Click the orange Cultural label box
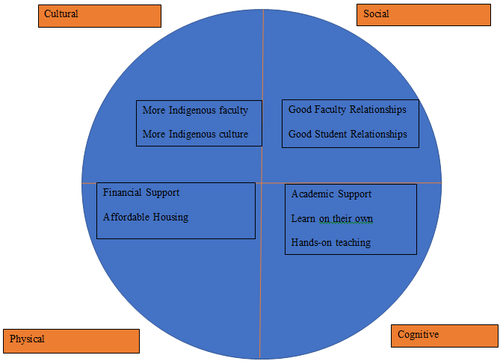click(x=99, y=16)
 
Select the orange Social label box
click(x=423, y=14)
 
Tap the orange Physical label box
click(x=71, y=340)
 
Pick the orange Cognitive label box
click(x=444, y=336)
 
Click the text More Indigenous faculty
click(x=195, y=110)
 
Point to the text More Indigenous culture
click(x=195, y=135)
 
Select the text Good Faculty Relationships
click(x=348, y=109)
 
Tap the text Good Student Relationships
click(x=348, y=135)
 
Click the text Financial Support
click(x=141, y=192)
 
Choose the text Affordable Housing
click(x=146, y=217)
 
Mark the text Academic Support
click(x=331, y=194)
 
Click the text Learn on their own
click(x=332, y=219)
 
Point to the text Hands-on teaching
click(x=330, y=243)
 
